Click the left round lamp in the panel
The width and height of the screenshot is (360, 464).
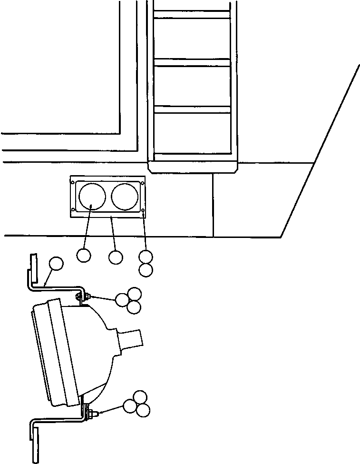click(92, 196)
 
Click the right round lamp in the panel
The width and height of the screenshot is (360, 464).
click(125, 196)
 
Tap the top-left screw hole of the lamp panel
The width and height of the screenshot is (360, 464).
click(73, 181)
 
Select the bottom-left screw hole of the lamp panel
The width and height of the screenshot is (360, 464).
click(73, 210)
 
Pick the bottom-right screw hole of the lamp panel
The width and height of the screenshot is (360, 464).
click(143, 210)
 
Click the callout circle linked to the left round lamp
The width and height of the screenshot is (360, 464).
click(83, 256)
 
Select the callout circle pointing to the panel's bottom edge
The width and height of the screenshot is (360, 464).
click(116, 257)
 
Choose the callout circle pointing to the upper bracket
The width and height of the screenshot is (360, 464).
click(56, 264)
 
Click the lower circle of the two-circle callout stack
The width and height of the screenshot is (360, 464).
click(146, 270)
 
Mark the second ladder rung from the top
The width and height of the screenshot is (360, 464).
click(192, 62)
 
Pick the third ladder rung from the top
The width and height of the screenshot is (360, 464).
click(192, 109)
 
